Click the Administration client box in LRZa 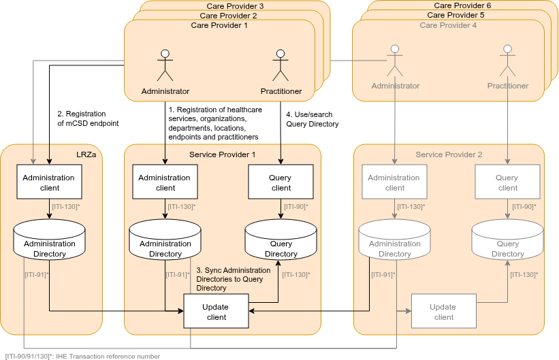(x=49, y=182)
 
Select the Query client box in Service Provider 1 (x=281, y=182)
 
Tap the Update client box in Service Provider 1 (x=216, y=312)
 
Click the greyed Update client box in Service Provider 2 (x=443, y=312)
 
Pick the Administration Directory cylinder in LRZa (x=49, y=243)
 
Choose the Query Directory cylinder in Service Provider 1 (x=281, y=243)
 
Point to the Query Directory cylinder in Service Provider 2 (x=507, y=243)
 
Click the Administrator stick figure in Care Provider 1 (x=165, y=65)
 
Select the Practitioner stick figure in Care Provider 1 (x=281, y=65)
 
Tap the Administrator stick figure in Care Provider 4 (x=395, y=61)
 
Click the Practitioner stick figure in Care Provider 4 (x=507, y=61)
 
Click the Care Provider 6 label (x=462, y=5)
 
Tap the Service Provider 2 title (x=449, y=154)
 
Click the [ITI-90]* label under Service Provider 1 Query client (x=296, y=206)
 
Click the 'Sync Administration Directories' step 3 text (x=233, y=279)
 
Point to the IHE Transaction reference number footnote (x=82, y=356)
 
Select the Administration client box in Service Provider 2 (x=395, y=182)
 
